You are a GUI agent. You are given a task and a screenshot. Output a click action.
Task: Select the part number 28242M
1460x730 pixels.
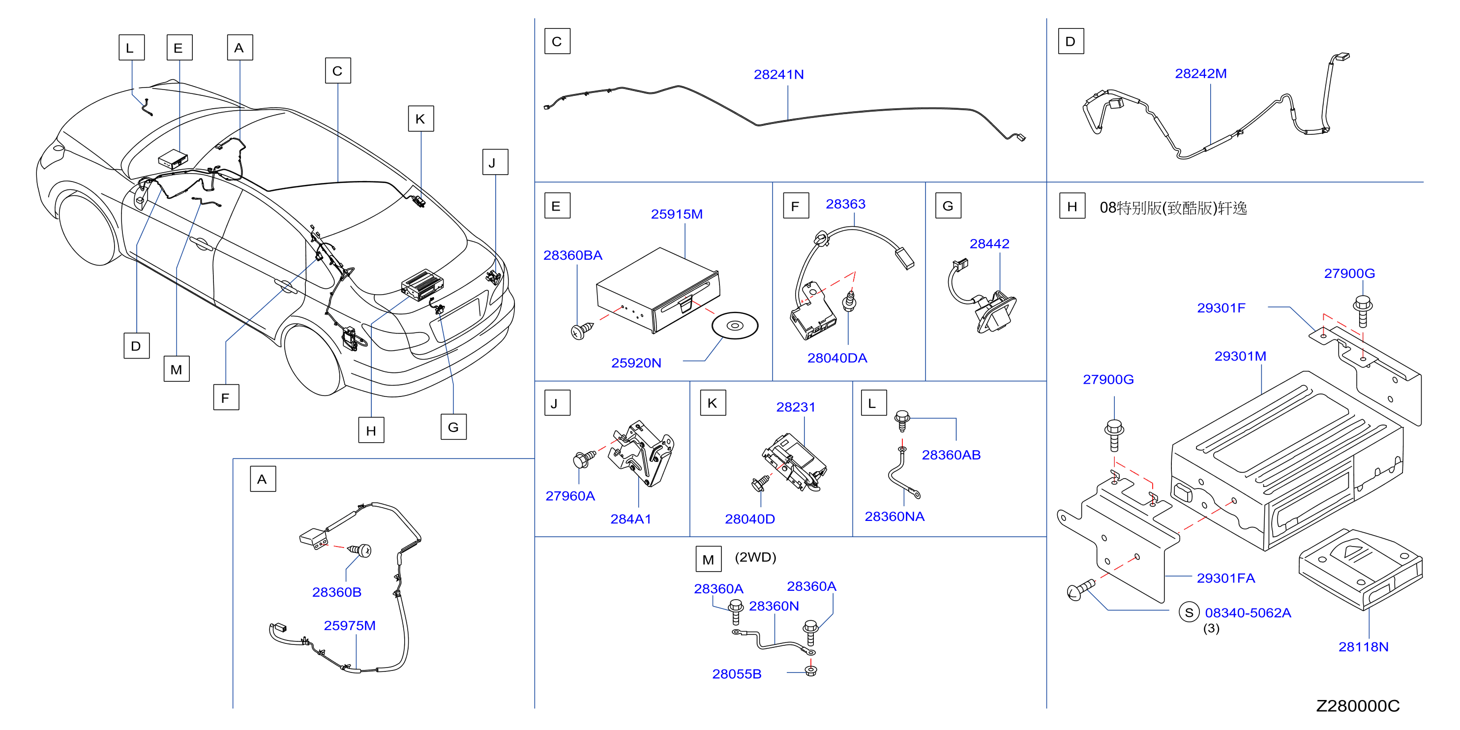(x=1200, y=74)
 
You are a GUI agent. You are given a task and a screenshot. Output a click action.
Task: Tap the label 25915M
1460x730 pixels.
(x=677, y=214)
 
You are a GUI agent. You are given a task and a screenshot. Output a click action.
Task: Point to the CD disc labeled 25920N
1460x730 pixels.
(x=735, y=325)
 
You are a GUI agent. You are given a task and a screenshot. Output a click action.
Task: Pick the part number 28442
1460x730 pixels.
(x=989, y=243)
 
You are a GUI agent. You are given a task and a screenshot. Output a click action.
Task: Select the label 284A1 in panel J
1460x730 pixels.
(x=630, y=518)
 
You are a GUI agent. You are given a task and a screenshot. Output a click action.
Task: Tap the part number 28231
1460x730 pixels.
(x=796, y=407)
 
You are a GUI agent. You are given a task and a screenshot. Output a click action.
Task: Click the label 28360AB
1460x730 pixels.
(x=951, y=455)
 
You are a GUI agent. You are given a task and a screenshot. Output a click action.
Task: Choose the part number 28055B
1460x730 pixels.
(x=737, y=674)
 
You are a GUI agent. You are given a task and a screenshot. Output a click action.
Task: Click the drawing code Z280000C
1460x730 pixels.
(x=1357, y=705)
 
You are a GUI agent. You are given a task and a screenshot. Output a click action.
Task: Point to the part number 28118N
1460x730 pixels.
(x=1363, y=647)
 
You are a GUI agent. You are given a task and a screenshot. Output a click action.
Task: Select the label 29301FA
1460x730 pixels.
(x=1225, y=578)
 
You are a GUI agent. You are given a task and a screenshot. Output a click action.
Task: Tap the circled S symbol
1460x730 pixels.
(x=1189, y=612)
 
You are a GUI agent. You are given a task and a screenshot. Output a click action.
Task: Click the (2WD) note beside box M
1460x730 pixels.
(x=755, y=557)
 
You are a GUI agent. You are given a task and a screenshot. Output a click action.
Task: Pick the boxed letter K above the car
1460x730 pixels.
(x=420, y=119)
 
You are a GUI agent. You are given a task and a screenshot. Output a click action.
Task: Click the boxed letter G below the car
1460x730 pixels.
(x=453, y=427)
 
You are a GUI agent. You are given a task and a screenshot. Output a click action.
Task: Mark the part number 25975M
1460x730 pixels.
(x=349, y=626)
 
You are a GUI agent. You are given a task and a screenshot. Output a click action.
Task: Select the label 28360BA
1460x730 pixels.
(x=572, y=256)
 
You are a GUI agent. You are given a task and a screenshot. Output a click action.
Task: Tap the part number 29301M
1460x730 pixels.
(x=1240, y=356)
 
